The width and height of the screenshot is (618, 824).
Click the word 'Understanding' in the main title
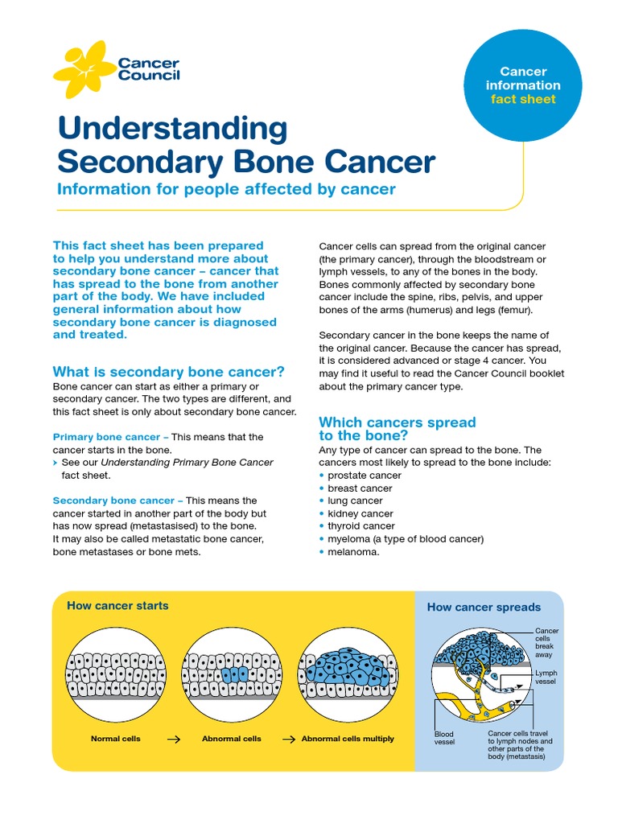172,129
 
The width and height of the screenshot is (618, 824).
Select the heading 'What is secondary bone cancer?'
168,372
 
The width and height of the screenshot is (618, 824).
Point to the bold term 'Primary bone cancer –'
110,437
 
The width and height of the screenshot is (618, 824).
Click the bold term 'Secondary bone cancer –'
117,501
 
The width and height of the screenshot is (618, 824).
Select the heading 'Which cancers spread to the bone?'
398,429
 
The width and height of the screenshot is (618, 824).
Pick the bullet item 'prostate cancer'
365,476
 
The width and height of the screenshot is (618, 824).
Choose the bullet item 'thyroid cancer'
361,526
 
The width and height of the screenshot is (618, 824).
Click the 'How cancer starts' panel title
117,606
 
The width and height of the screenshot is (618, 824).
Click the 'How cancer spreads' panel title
484,608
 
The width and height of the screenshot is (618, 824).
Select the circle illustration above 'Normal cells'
116,674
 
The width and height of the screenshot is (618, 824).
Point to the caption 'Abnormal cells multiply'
348,739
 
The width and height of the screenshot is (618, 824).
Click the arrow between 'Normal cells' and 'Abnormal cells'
172,739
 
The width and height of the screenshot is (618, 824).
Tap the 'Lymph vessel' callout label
546,677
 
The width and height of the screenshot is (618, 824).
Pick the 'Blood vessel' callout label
444,737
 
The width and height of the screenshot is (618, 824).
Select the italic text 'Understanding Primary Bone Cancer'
187,463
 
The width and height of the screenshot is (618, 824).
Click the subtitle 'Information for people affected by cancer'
226,190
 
